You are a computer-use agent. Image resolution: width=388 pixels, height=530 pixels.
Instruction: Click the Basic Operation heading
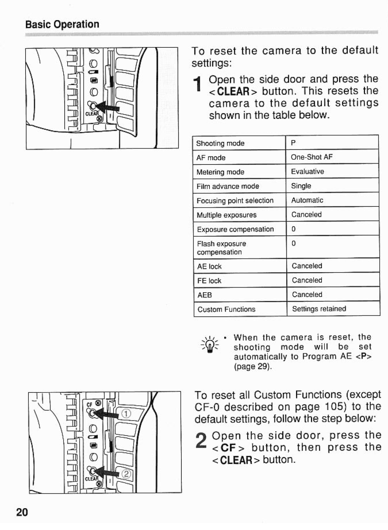(x=62, y=24)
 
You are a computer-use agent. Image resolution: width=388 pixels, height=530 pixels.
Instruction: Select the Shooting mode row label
(x=220, y=143)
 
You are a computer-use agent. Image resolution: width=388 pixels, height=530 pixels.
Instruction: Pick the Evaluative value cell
(x=307, y=172)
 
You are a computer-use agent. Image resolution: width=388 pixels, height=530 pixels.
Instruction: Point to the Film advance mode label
(x=227, y=186)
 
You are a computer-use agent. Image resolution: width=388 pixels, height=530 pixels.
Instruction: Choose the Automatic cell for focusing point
(x=307, y=200)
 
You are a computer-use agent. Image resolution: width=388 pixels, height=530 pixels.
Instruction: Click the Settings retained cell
(x=319, y=309)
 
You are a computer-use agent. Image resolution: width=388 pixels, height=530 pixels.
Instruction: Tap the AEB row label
(x=204, y=295)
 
